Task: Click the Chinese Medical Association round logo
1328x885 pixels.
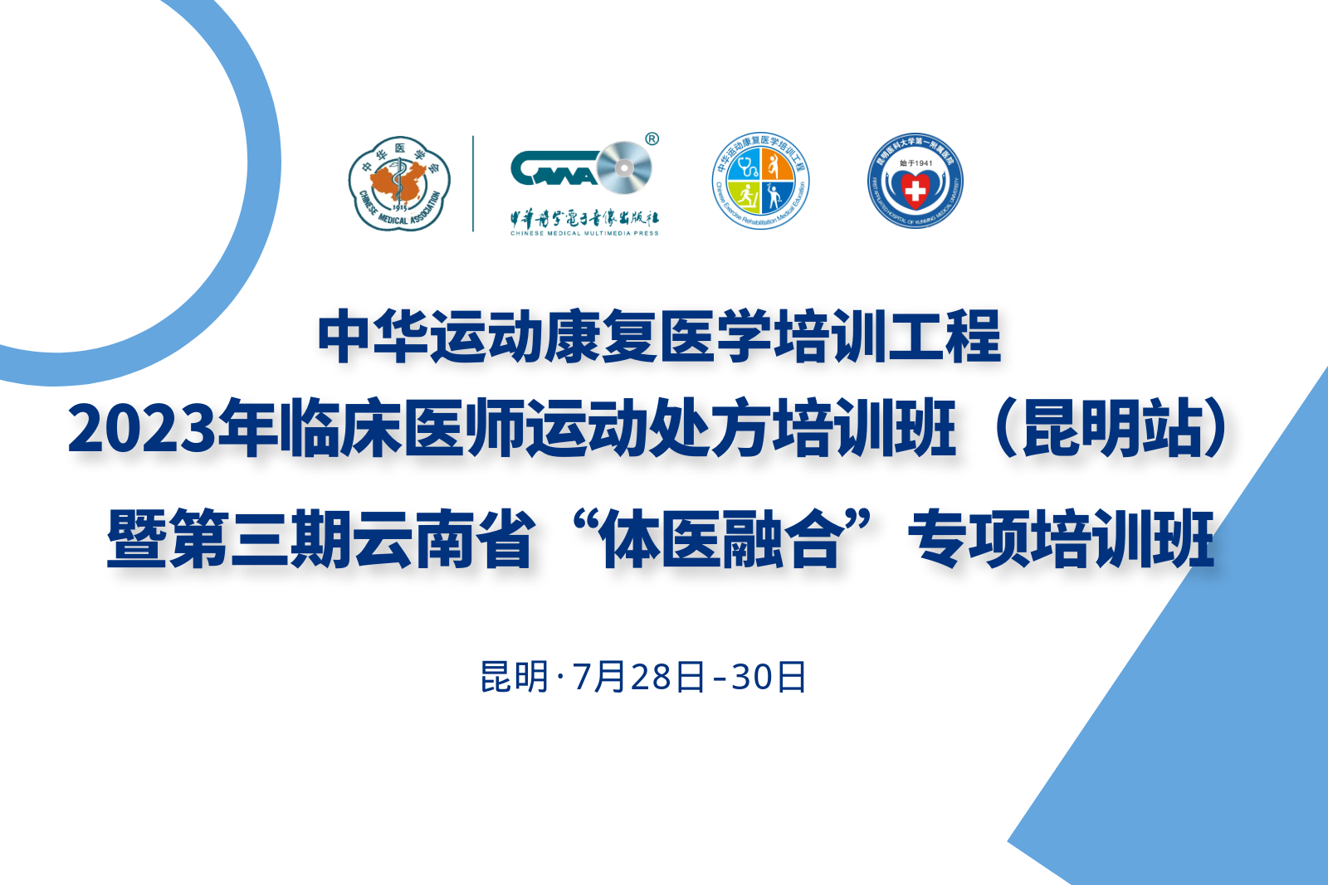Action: (399, 183)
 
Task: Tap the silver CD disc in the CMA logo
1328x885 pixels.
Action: (623, 168)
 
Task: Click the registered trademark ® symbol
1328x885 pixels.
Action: (652, 139)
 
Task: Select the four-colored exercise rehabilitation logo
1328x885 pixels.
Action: (761, 182)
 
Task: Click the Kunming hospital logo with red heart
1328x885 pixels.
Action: (915, 182)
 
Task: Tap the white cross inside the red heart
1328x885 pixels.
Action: (915, 192)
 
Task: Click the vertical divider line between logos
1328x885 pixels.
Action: (473, 183)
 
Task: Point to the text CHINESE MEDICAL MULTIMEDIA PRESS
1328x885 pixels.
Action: (584, 234)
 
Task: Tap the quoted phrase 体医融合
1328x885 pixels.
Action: (720, 539)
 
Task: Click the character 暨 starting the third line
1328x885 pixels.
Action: (138, 539)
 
